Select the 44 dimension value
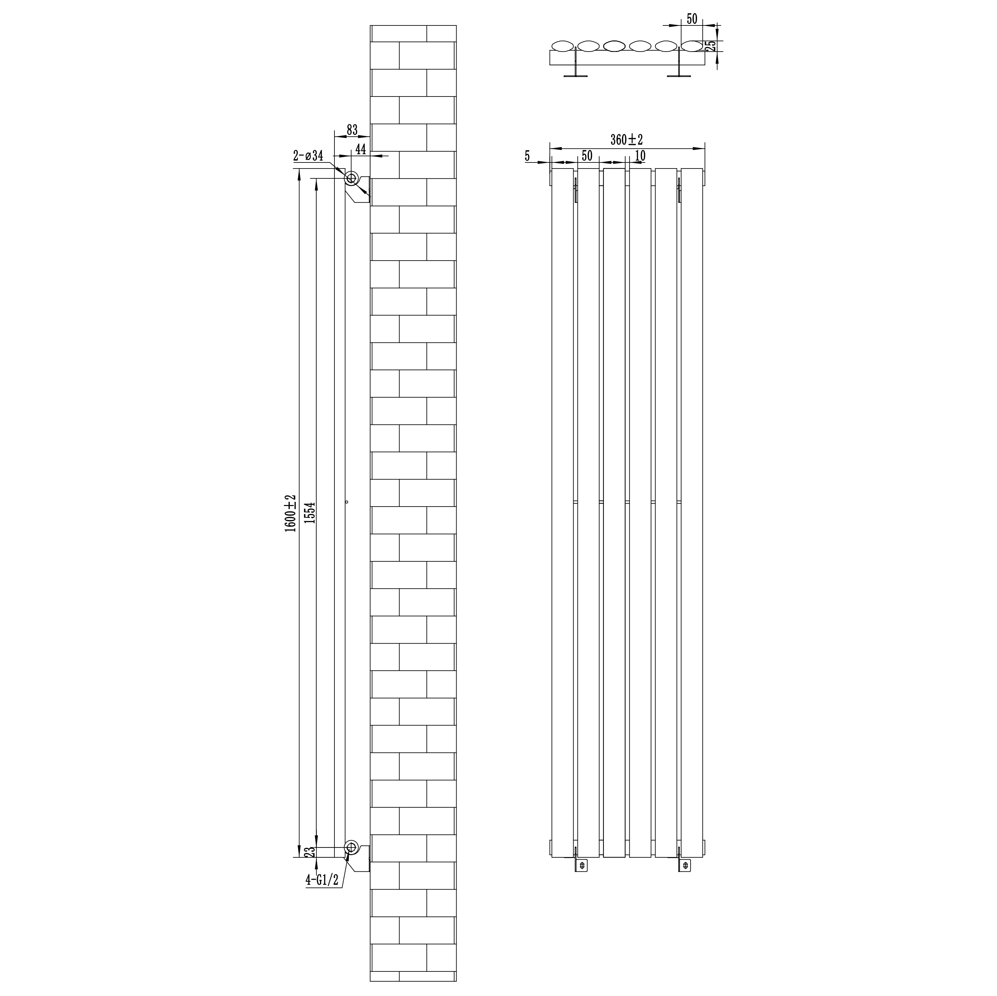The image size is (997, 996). point(361,149)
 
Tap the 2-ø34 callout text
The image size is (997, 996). point(308,155)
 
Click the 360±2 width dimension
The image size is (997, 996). point(627,139)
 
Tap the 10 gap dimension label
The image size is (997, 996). point(640,155)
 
